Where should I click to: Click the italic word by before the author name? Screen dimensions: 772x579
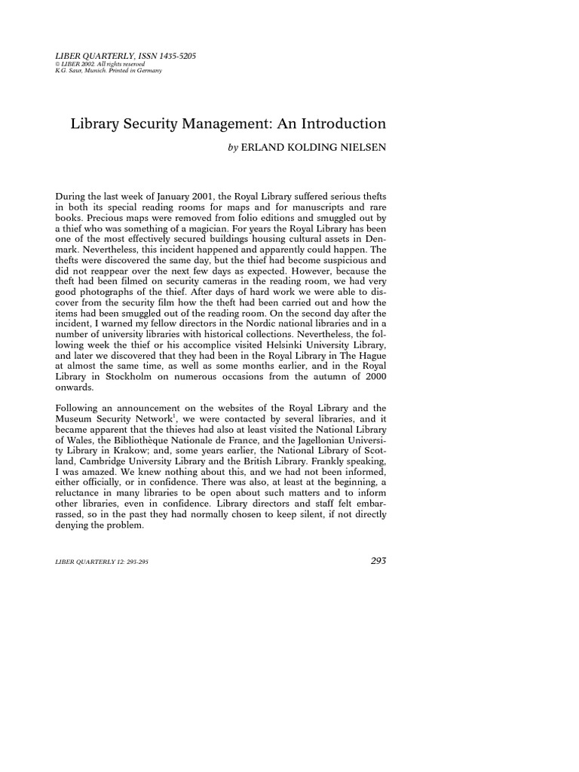(232, 149)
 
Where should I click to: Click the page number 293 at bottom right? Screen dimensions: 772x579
(374, 561)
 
